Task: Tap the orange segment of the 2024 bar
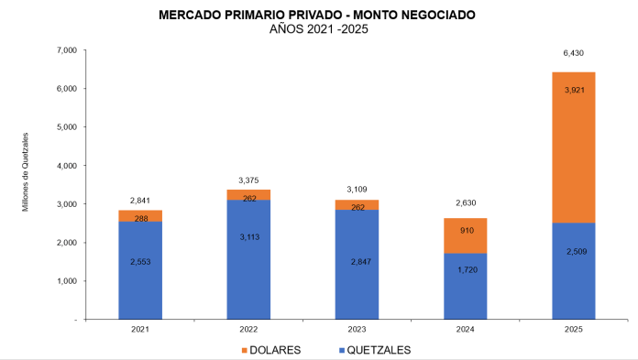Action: click(x=465, y=235)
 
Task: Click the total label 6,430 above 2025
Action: click(x=573, y=54)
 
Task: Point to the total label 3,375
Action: click(x=248, y=180)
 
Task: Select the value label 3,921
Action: click(x=573, y=90)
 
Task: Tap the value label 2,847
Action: click(x=357, y=262)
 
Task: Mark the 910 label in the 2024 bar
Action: click(x=465, y=231)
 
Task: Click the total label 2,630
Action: click(x=465, y=203)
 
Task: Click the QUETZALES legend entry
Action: click(x=372, y=350)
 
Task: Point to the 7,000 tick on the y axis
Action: click(x=65, y=50)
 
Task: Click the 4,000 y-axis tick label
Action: click(x=65, y=166)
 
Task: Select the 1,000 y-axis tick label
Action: click(x=65, y=281)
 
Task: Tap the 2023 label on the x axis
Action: click(x=357, y=329)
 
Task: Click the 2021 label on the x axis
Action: click(x=139, y=329)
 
